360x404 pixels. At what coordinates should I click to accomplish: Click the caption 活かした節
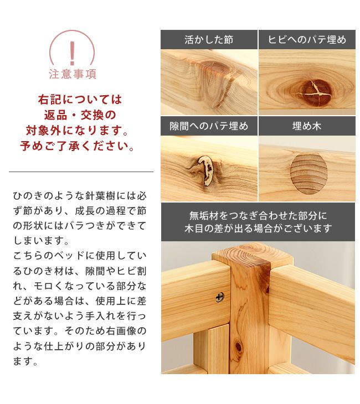pos(209,40)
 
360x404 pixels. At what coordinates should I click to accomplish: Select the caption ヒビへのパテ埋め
pos(307,40)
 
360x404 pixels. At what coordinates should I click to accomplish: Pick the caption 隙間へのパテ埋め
pos(209,126)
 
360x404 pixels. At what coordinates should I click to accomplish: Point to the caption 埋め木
pos(307,126)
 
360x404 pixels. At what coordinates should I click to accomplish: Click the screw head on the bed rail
pos(219,297)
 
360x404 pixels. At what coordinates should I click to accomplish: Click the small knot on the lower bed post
pos(239,347)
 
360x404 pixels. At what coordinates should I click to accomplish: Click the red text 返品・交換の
pos(80,116)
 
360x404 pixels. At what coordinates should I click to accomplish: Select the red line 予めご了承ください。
pos(79,147)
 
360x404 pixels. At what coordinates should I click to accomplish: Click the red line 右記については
pos(80,100)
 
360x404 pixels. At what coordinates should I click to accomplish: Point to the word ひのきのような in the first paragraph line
pos(42,196)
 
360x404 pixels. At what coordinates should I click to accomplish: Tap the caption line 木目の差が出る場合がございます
pos(258,229)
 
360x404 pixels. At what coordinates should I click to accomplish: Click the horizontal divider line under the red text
pos(81,172)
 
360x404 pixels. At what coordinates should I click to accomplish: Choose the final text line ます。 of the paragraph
pos(25,362)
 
